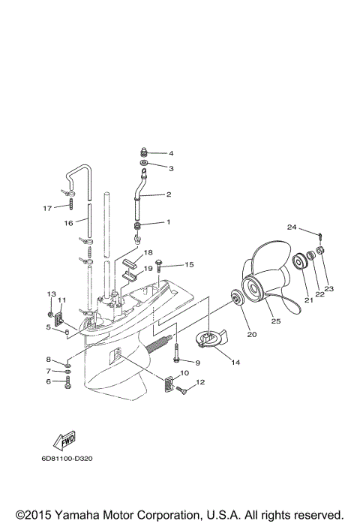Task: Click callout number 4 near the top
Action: pos(170,153)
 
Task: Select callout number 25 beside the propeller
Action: pos(275,321)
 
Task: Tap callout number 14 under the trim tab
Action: pos(235,363)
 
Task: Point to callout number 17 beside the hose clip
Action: pos(46,207)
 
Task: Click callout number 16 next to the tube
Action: pos(67,223)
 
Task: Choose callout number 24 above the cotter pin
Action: pos(291,227)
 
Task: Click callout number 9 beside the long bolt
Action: pos(197,363)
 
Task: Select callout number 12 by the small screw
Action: pos(199,383)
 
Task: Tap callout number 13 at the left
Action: pos(52,294)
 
